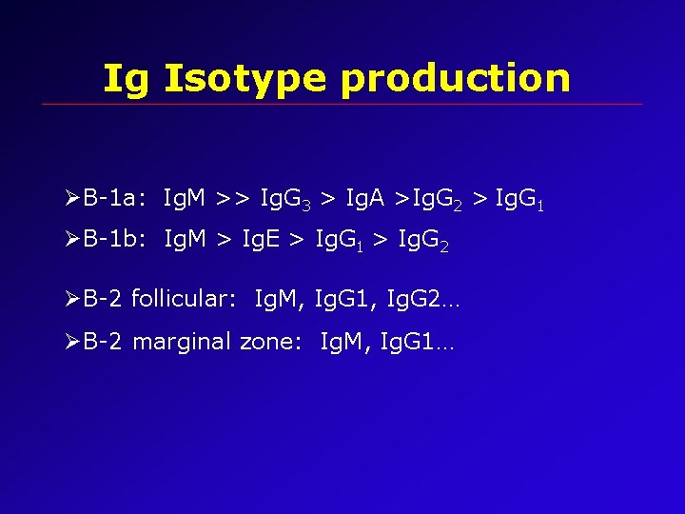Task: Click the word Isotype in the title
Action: (x=245, y=79)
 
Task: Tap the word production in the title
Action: (x=455, y=79)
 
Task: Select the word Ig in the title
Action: (x=125, y=80)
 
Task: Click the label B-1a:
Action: (x=113, y=199)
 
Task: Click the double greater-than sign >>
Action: (x=232, y=200)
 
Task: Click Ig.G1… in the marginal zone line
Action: (x=417, y=342)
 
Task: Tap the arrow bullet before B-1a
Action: (x=72, y=200)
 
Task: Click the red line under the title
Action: (x=342, y=103)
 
